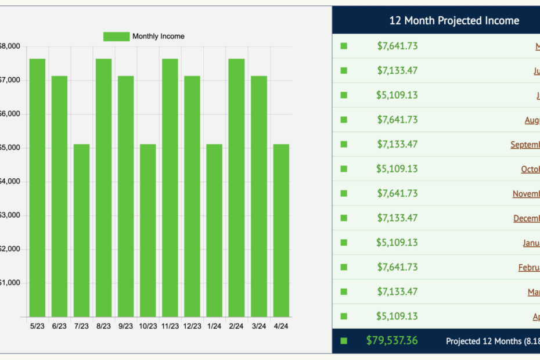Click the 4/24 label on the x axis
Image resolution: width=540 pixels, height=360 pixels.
(x=280, y=326)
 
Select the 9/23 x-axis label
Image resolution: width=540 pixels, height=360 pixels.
(x=125, y=326)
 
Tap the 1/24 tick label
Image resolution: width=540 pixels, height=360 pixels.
(x=214, y=326)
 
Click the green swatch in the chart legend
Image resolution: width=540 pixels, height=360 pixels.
(x=116, y=37)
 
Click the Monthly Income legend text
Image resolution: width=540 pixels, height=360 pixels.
(x=158, y=37)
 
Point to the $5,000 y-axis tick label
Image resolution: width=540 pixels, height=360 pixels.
(x=10, y=147)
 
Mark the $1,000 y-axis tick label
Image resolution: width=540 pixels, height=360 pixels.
(x=10, y=283)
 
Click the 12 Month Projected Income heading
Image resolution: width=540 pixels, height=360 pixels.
(x=454, y=21)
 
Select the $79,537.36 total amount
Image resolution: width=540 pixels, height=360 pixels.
(x=392, y=341)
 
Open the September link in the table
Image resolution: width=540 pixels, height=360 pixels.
(x=525, y=145)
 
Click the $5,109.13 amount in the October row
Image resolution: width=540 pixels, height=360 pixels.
(x=397, y=169)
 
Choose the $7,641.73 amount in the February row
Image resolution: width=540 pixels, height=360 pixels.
(x=397, y=267)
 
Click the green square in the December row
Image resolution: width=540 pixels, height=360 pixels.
(x=344, y=218)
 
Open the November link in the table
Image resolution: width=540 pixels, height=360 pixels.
(x=526, y=194)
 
